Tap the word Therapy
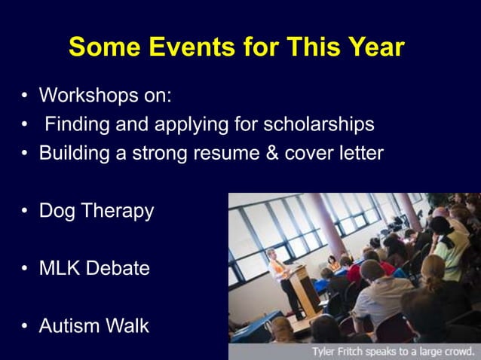[x=121, y=212]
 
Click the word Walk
[x=129, y=326]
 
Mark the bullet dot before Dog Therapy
[x=25, y=212]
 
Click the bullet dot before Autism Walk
[x=25, y=327]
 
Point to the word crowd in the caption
[x=458, y=351]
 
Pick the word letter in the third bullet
[x=358, y=153]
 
